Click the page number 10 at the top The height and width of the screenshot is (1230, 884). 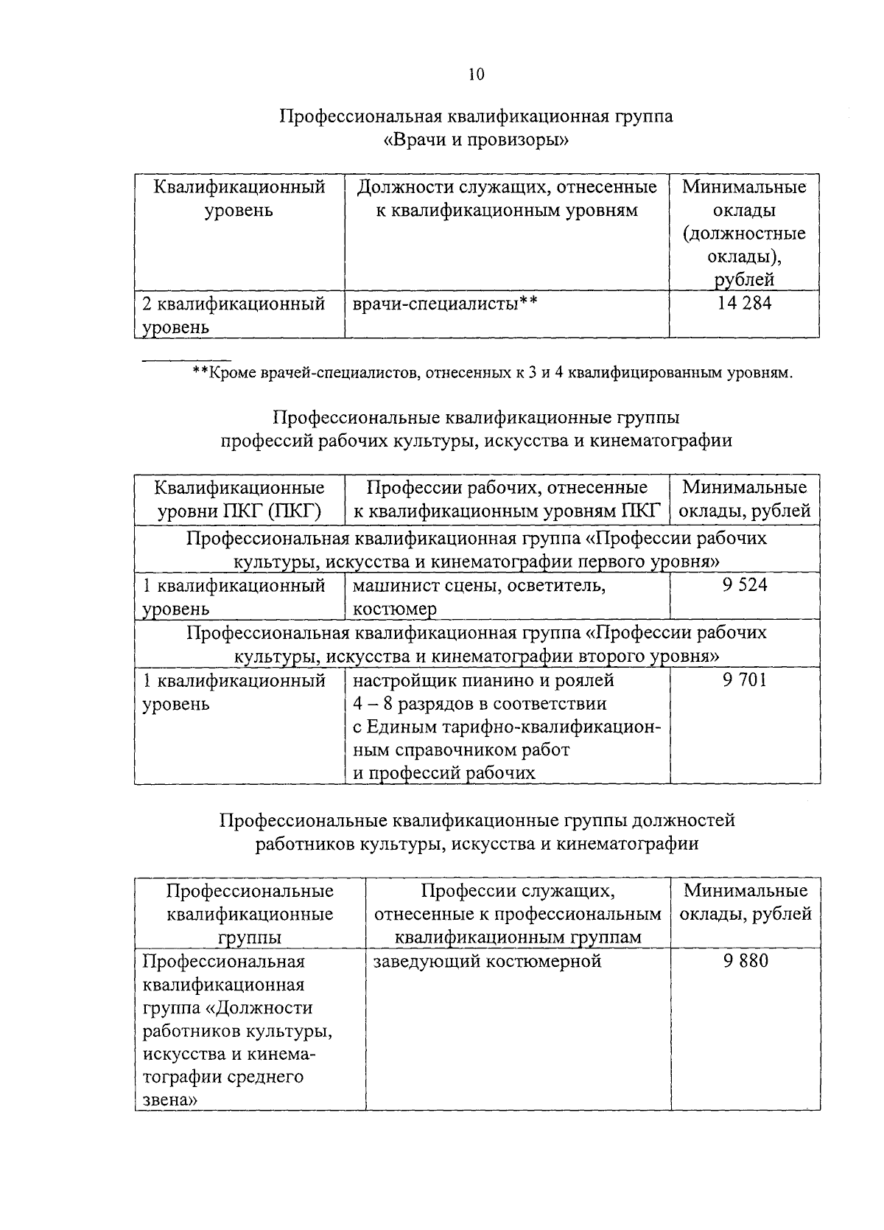click(476, 74)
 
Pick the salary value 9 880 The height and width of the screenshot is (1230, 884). click(745, 961)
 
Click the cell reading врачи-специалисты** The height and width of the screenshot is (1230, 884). click(444, 303)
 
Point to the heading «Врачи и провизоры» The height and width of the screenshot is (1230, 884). click(476, 140)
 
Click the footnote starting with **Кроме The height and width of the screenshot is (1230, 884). click(492, 373)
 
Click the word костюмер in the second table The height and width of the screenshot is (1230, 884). click(394, 609)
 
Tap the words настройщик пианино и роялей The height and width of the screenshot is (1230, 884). click(483, 679)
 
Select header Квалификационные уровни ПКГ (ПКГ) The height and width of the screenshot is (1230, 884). click(239, 499)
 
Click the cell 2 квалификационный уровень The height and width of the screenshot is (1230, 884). click(234, 315)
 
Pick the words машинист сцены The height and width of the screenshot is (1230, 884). click(413, 586)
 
